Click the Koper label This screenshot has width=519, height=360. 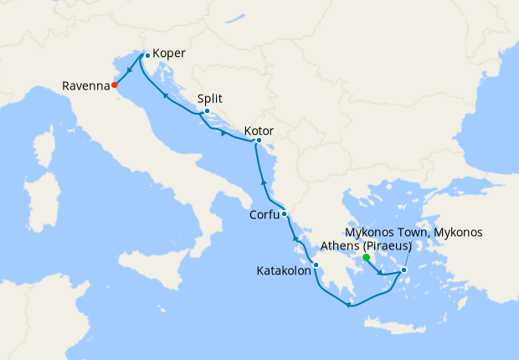169,53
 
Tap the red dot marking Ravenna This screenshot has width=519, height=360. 115,85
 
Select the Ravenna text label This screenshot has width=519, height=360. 85,85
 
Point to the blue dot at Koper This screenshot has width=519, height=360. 147,55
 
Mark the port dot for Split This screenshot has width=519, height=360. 207,111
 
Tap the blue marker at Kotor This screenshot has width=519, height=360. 259,141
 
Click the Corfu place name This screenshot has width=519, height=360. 265,215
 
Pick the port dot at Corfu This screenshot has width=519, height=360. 285,213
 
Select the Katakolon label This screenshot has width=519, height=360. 283,271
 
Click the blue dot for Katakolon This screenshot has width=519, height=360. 316,266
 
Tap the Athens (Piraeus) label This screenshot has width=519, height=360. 366,246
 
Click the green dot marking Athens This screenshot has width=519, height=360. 367,258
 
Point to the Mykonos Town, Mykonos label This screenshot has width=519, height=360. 414,232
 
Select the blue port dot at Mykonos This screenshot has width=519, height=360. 403,270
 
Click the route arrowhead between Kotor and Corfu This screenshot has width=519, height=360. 264,182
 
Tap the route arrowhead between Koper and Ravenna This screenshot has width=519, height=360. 130,71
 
